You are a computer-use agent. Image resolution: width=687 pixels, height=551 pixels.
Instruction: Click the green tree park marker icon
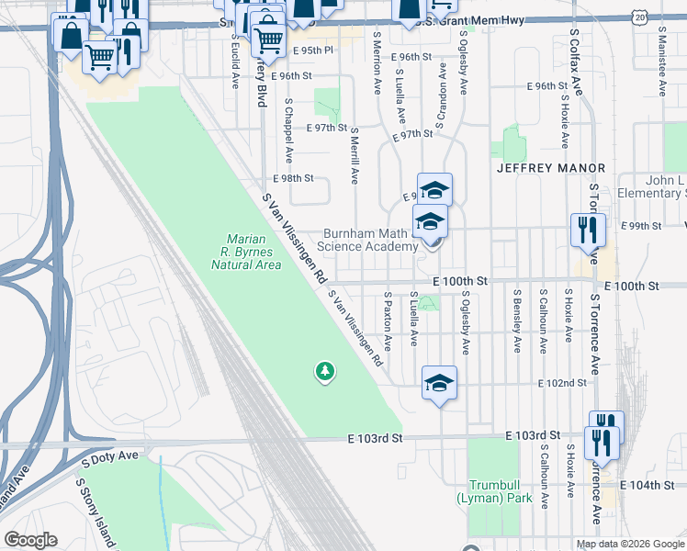(324, 371)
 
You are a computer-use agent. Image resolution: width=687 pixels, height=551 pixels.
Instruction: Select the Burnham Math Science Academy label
(367, 240)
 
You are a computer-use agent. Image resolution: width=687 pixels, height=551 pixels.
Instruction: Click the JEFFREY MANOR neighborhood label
(551, 168)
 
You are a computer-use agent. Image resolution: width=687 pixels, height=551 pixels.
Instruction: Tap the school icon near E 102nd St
(440, 383)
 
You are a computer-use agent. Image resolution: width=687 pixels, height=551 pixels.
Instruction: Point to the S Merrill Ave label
(355, 153)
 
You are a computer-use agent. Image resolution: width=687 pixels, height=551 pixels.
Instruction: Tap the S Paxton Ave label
(389, 320)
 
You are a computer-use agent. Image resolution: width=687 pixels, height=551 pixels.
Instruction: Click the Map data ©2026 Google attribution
(629, 544)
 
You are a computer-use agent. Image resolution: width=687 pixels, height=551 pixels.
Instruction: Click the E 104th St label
(648, 485)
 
